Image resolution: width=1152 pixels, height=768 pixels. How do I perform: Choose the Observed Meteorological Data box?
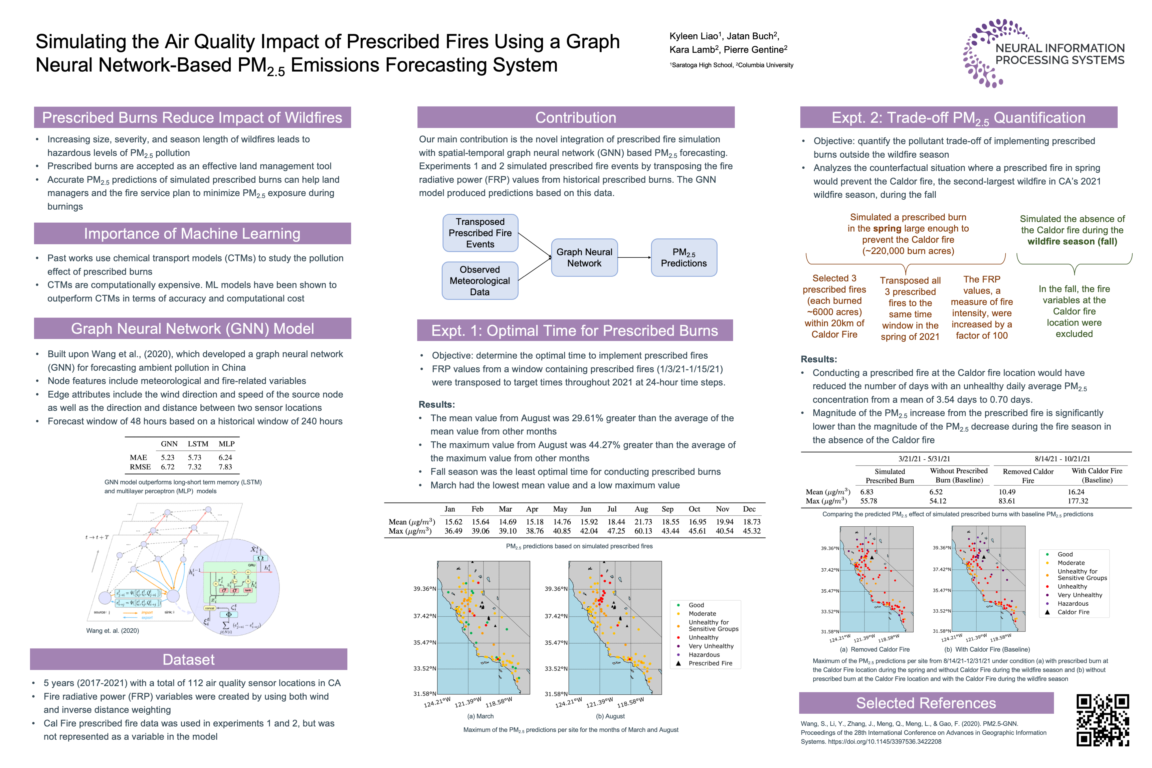coord(480,281)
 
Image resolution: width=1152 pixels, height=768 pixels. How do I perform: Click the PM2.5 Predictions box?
coord(684,258)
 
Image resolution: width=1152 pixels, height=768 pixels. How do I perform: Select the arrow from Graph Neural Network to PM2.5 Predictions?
coord(634,258)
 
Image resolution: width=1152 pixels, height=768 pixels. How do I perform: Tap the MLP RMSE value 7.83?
coord(225,467)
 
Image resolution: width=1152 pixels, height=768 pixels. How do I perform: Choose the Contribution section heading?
coord(575,118)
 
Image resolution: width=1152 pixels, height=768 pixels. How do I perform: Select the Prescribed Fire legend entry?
coord(710,663)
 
